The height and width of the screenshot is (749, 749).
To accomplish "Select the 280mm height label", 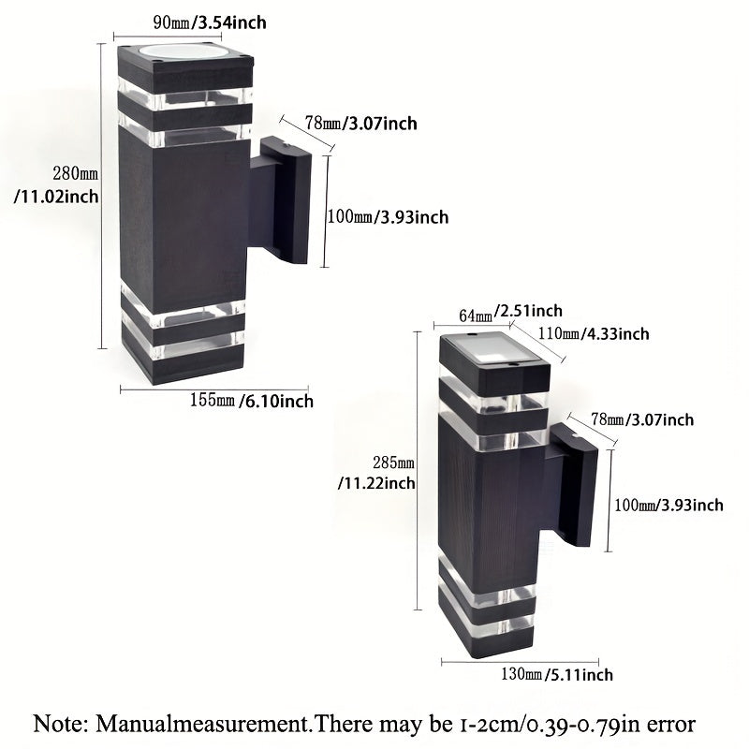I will click(76, 174).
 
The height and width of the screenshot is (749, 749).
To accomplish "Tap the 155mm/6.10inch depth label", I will click(251, 402).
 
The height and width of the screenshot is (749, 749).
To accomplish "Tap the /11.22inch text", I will click(375, 483).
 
